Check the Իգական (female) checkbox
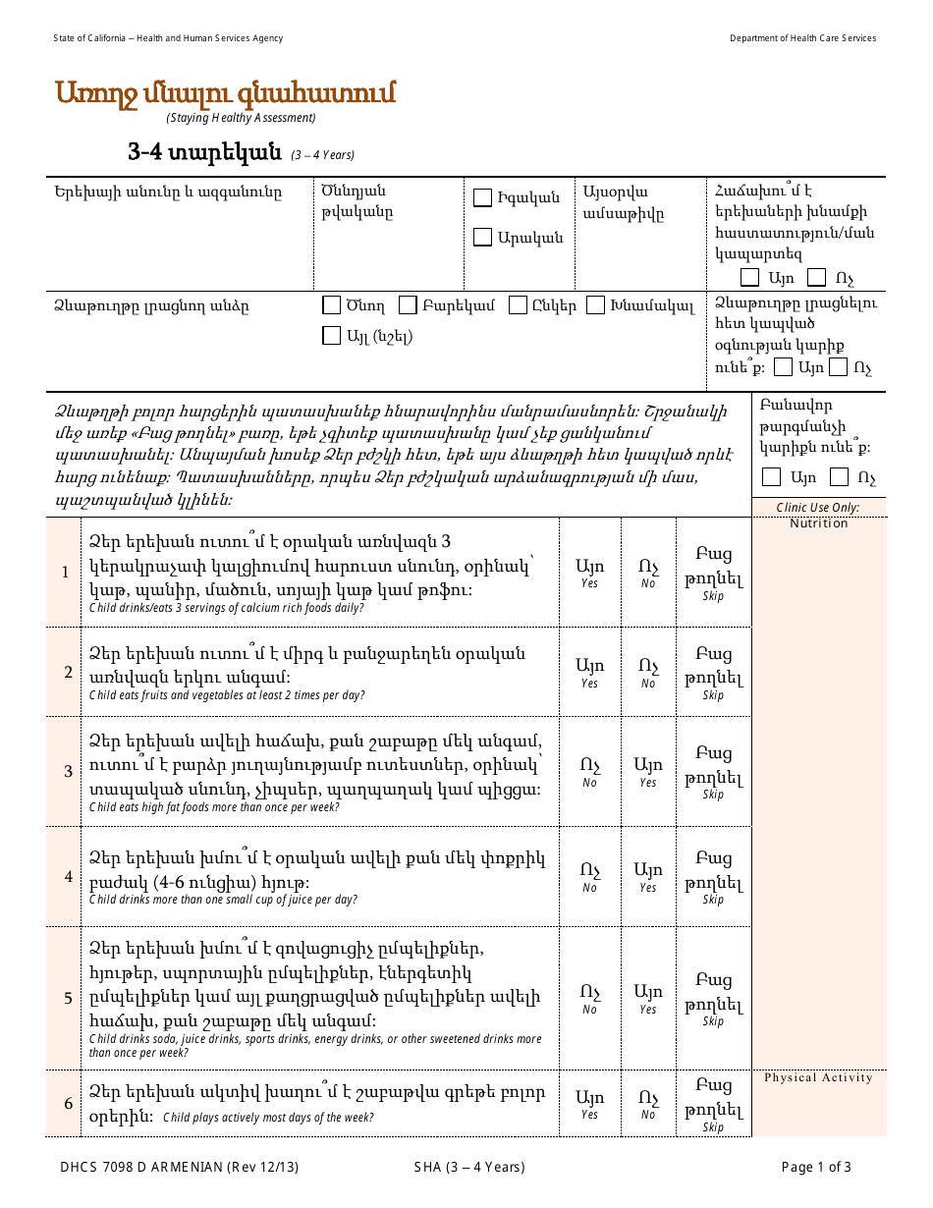pyautogui.click(x=482, y=198)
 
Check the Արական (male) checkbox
pyautogui.click(x=482, y=237)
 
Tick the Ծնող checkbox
pyautogui.click(x=332, y=305)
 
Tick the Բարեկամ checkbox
pyautogui.click(x=408, y=305)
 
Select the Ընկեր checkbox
pyautogui.click(x=518, y=305)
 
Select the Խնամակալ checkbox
pyautogui.click(x=595, y=305)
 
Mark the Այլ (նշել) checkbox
pyautogui.click(x=332, y=336)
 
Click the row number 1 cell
pyautogui.click(x=67, y=573)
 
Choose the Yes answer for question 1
pyautogui.click(x=589, y=573)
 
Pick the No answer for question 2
pyautogui.click(x=648, y=673)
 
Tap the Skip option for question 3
pyautogui.click(x=713, y=772)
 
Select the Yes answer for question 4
pyautogui.click(x=648, y=876)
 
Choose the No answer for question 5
pyautogui.click(x=589, y=998)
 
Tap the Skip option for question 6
pyautogui.click(x=713, y=1104)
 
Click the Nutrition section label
pyautogui.click(x=818, y=523)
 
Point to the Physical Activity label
pyautogui.click(x=818, y=1077)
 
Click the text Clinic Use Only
pyautogui.click(x=818, y=508)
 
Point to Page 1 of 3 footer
pyautogui.click(x=815, y=1168)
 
